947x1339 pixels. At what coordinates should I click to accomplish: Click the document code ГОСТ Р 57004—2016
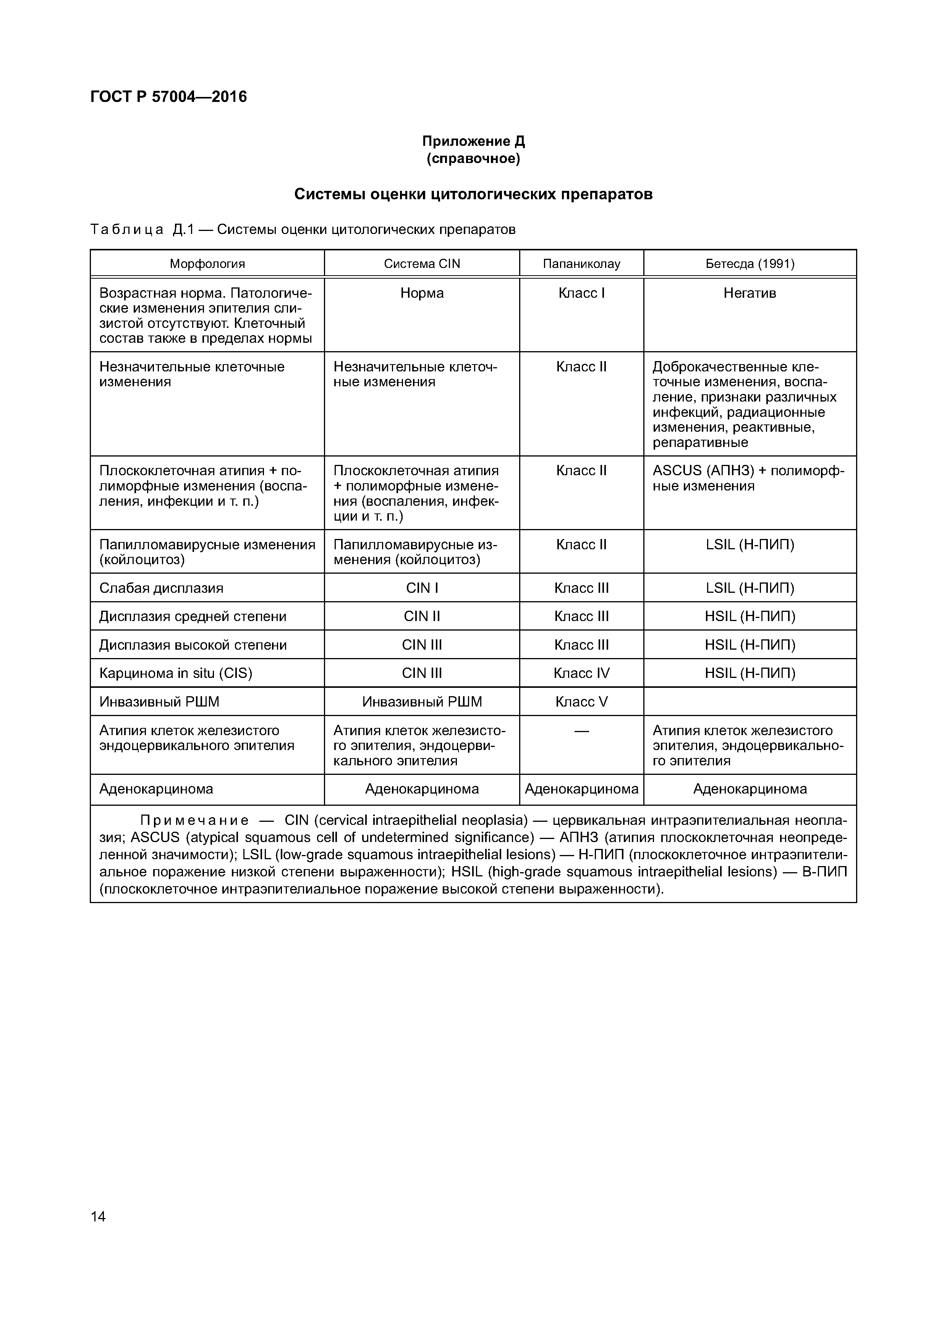pos(168,97)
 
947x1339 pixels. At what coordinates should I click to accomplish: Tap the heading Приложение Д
pos(473,141)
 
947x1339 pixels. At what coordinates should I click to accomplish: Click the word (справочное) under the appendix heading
pos(473,159)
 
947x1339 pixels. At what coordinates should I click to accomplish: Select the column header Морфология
pos(207,264)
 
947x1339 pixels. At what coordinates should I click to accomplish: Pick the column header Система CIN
pos(422,264)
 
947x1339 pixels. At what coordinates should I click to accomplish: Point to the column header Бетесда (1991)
pos(750,264)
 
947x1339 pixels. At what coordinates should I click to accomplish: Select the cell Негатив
pos(750,294)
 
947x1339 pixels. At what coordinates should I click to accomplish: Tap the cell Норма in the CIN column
pos(422,294)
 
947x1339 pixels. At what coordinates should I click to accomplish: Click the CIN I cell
pos(422,588)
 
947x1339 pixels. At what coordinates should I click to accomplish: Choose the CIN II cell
pos(422,616)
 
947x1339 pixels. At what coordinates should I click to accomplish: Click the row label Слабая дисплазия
pos(161,588)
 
